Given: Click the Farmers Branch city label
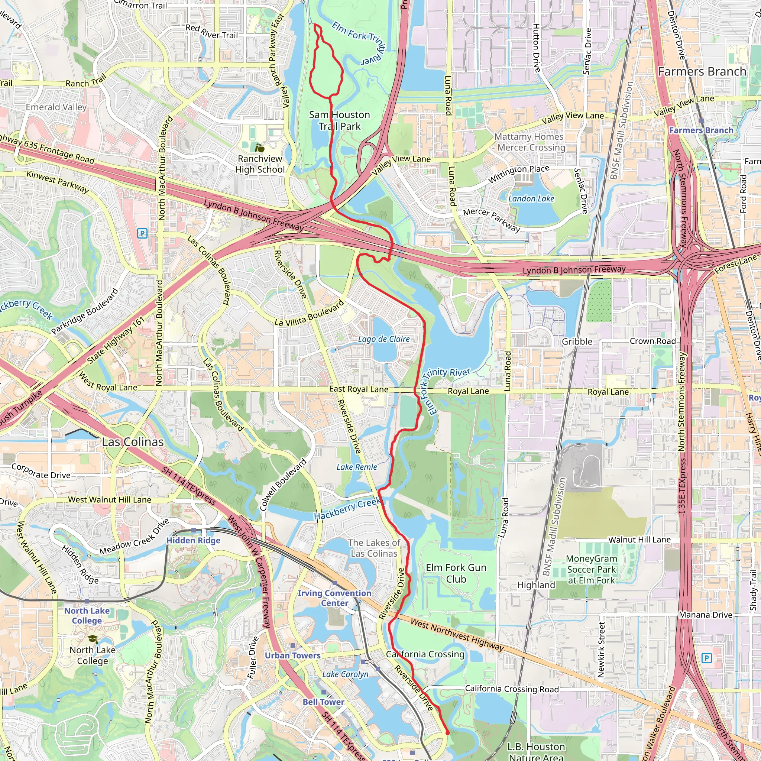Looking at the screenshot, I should [x=702, y=72].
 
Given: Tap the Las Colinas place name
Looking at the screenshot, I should [x=133, y=442].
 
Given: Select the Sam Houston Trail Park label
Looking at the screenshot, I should [x=339, y=120].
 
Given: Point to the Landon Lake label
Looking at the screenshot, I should [x=531, y=198].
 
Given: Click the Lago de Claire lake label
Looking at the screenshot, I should [x=383, y=339].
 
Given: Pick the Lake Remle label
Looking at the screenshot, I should [x=356, y=467].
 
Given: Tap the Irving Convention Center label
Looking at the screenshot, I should [x=334, y=598].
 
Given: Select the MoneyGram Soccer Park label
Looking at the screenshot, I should [x=591, y=569].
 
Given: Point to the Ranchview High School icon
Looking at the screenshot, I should [x=260, y=148].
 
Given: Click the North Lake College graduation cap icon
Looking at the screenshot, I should [x=93, y=639].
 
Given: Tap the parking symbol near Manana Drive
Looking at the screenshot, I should [x=707, y=658].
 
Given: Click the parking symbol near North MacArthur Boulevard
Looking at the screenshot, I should [x=142, y=234].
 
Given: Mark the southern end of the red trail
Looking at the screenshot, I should [x=447, y=733].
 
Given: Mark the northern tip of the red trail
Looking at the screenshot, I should [x=315, y=25].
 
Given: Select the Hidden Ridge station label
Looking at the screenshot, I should [x=193, y=540].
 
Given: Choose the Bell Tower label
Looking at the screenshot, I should [x=323, y=702].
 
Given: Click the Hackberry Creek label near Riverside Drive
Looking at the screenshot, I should [x=347, y=509].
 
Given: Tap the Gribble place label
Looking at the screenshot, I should [x=577, y=341].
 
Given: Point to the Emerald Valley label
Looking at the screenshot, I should [x=56, y=107].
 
